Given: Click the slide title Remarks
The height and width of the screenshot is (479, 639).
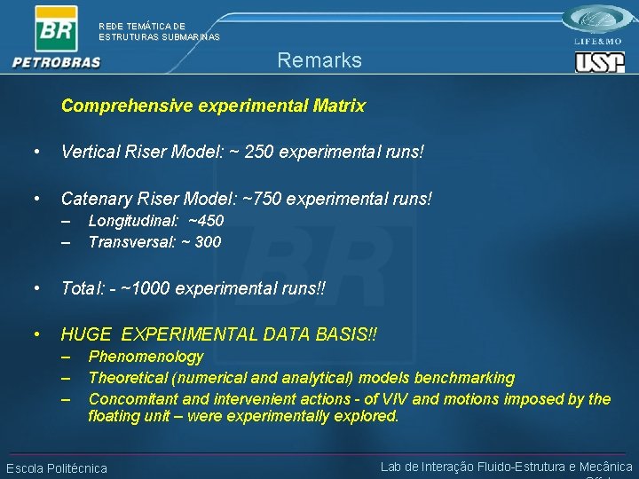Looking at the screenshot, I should [x=319, y=60].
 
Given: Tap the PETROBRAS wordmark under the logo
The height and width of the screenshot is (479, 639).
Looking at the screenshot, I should [x=57, y=62].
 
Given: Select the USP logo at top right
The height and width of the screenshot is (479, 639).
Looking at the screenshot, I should [x=600, y=61].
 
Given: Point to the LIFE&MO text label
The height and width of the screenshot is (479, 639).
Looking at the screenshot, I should [x=599, y=41].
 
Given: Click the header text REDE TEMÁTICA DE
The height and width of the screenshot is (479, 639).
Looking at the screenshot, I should [x=142, y=27].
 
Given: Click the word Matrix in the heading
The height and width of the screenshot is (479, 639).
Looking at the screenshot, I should [x=338, y=106].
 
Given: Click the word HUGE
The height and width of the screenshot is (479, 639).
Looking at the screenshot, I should [x=86, y=334].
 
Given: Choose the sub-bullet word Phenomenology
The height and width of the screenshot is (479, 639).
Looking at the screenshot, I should [x=146, y=357].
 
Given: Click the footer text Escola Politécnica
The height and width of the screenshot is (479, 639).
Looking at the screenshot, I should [x=57, y=468].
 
